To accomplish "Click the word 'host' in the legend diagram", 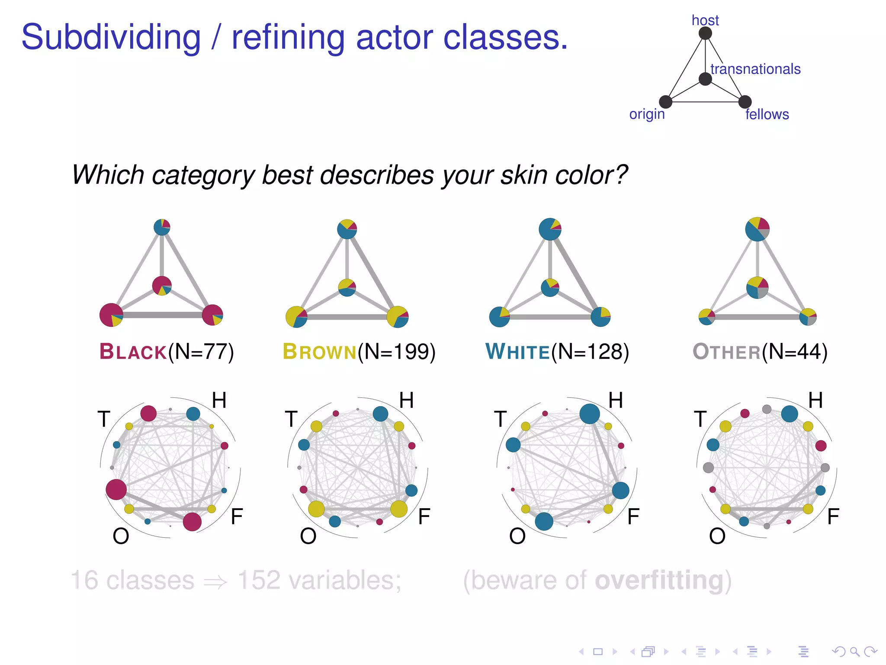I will tap(705, 20).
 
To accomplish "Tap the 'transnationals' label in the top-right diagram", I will tap(755, 69).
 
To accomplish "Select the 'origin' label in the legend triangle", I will tap(647, 114).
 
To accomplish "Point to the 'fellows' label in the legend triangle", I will tap(767, 115).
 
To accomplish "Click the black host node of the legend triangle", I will tap(705, 33).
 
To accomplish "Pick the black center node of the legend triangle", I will tap(705, 79).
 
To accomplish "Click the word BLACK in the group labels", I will tap(133, 352).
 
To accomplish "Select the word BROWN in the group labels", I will tap(319, 352).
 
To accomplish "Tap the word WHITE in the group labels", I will tap(517, 352).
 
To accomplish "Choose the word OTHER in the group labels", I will tap(726, 352).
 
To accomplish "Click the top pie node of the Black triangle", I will tap(162, 227).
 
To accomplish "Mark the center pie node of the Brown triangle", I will tap(347, 287).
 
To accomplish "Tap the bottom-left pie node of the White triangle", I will tap(499, 317).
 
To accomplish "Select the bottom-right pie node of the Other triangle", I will tap(808, 317).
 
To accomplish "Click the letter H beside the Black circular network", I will tap(219, 400).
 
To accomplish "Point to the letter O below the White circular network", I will tap(517, 536).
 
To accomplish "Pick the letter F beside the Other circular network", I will tap(833, 517).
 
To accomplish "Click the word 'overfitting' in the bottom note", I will tap(659, 580).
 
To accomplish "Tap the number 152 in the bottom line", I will tap(259, 580).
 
